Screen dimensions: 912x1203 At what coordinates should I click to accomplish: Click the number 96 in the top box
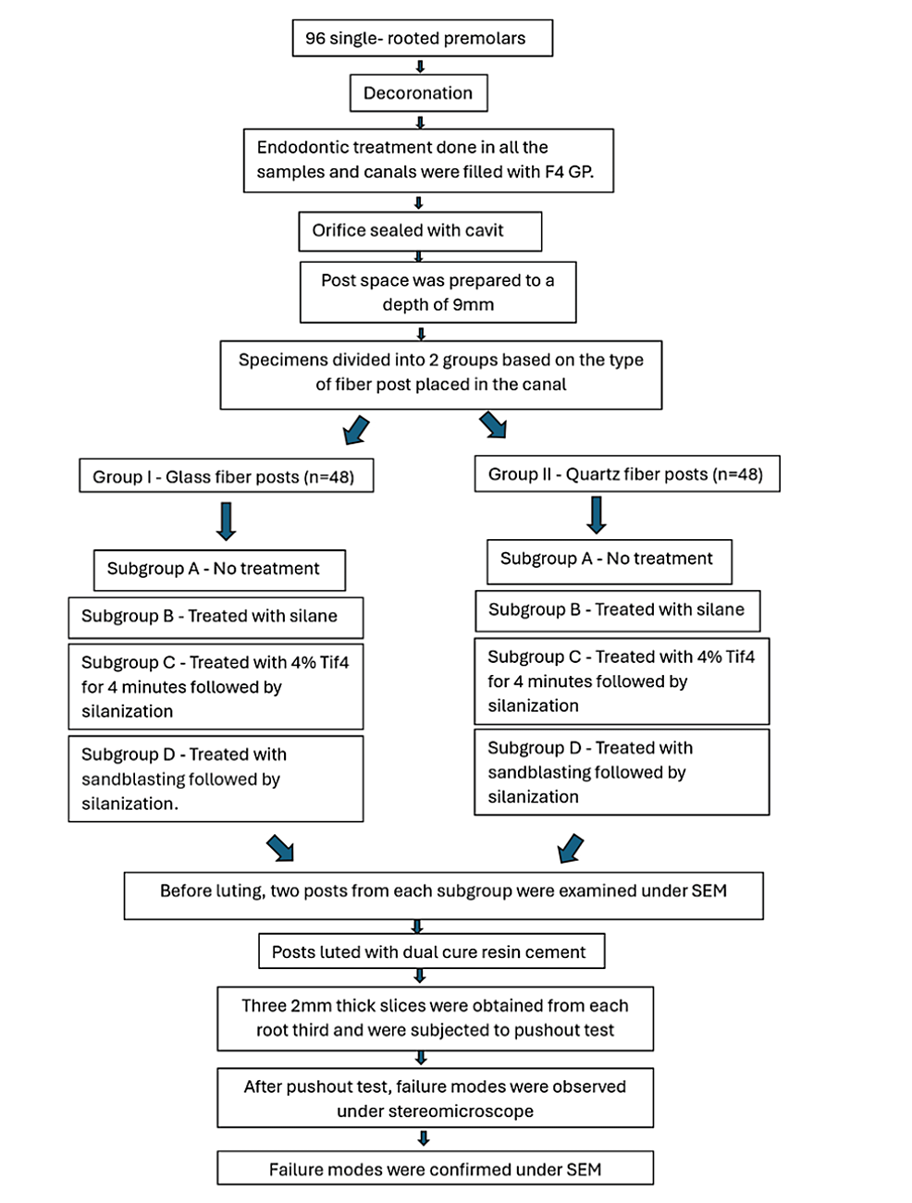[x=314, y=38]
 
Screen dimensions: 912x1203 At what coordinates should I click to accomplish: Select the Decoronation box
[x=419, y=93]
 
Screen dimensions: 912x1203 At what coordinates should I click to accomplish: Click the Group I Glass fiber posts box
[x=227, y=475]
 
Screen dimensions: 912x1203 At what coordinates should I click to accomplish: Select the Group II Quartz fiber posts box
[x=627, y=473]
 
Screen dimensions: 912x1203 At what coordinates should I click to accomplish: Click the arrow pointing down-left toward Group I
[x=356, y=430]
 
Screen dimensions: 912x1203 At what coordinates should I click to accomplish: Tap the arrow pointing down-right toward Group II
[x=493, y=425]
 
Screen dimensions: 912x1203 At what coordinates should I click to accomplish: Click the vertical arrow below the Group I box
[x=226, y=522]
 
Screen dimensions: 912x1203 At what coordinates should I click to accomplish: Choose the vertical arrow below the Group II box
[x=597, y=515]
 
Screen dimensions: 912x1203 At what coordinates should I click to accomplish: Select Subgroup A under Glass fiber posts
[x=219, y=571]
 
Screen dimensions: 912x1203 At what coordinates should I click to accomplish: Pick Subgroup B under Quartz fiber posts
[x=618, y=611]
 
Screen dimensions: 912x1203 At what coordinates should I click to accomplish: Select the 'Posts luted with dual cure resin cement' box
[x=431, y=951]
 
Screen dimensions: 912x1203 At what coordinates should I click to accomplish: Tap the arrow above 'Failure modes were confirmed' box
[x=423, y=1138]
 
